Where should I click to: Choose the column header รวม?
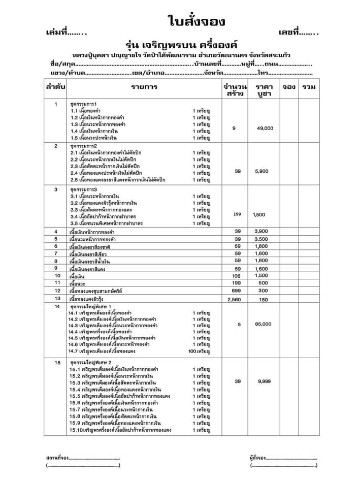pyautogui.click(x=308, y=87)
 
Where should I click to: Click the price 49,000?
pyautogui.click(x=265, y=128)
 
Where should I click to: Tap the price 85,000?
pyautogui.click(x=263, y=324)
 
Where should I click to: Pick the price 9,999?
pyautogui.click(x=265, y=381)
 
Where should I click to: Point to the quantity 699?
pyautogui.click(x=237, y=291)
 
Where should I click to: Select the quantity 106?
pyautogui.click(x=237, y=275)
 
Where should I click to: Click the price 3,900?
pyautogui.click(x=261, y=232)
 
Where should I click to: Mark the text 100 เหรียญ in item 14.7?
pyautogui.click(x=199, y=351)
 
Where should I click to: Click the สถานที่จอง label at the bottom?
pyautogui.click(x=57, y=458)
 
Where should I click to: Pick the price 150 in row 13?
pyautogui.click(x=263, y=300)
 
